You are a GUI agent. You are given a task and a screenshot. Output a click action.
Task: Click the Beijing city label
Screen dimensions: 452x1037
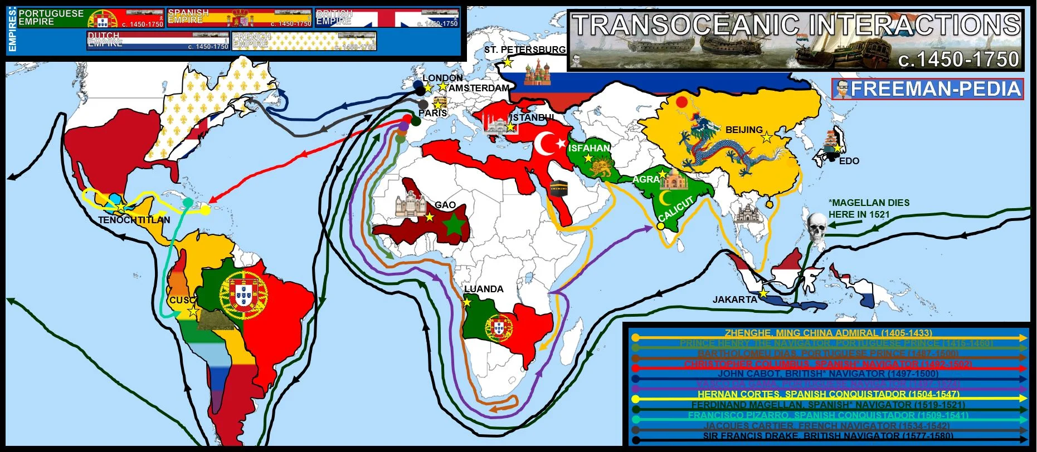tap(743, 130)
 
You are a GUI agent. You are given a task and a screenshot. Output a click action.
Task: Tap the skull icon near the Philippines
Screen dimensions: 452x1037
tap(816, 226)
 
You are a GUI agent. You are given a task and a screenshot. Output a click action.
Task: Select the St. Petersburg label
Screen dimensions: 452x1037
tap(524, 50)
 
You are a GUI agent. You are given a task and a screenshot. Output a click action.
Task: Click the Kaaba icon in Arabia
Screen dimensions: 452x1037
tap(558, 188)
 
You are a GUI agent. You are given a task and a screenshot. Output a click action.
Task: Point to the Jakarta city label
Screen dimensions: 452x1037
tap(734, 299)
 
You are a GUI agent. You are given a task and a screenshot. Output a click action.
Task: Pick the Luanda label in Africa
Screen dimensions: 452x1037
tap(484, 289)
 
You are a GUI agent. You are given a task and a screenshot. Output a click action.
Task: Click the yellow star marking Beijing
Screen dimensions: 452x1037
tap(767, 137)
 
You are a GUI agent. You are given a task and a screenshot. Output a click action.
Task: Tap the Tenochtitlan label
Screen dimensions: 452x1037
tap(134, 220)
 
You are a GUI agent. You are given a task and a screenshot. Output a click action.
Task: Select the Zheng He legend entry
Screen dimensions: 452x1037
tap(828, 333)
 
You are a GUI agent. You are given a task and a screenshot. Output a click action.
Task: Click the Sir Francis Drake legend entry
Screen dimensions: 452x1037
tap(828, 436)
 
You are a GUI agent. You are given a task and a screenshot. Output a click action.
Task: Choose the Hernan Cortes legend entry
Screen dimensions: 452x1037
tap(828, 394)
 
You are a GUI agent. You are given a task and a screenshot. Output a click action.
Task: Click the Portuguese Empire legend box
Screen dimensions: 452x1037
tap(91, 18)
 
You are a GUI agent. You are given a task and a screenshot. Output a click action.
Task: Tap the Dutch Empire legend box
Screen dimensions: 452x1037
tap(158, 40)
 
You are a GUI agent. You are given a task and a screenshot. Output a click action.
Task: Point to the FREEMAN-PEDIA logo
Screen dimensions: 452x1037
tap(928, 89)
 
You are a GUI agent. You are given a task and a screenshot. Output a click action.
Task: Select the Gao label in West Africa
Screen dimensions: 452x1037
tap(445, 205)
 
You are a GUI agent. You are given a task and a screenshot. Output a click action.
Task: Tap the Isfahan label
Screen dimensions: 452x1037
tap(589, 148)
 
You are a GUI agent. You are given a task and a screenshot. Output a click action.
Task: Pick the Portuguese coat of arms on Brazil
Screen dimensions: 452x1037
tap(244, 295)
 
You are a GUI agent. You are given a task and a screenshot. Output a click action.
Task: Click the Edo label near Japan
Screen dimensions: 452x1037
tap(849, 161)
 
